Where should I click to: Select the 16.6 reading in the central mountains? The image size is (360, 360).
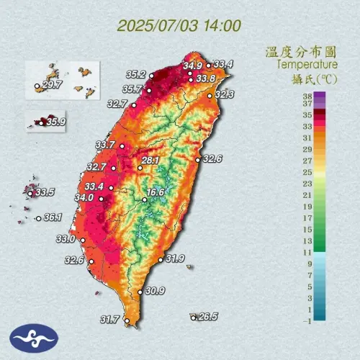click(x=156, y=192)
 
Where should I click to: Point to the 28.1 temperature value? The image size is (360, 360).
click(x=150, y=161)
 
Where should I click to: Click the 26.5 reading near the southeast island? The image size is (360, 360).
click(x=208, y=316)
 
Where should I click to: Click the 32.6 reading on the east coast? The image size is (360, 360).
click(x=212, y=158)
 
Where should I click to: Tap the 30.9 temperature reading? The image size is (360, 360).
click(x=155, y=291)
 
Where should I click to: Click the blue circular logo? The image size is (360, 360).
click(x=33, y=337)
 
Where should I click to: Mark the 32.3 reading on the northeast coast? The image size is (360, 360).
click(x=225, y=94)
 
